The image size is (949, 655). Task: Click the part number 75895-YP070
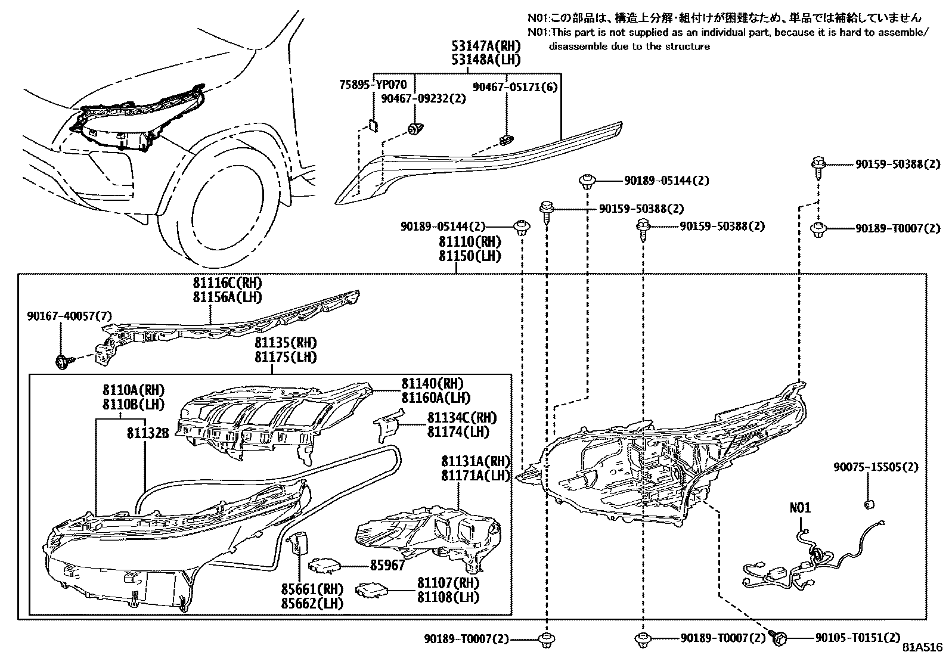coord(374,85)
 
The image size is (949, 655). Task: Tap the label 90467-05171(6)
coord(515,86)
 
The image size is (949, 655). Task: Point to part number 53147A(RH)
coord(486,46)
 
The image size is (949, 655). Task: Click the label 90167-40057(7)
coord(69,315)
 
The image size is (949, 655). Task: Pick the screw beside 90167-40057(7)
coord(63,361)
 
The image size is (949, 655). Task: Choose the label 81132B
coord(148,433)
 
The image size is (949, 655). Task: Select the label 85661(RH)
coord(312,589)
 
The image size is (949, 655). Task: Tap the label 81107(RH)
coord(448,582)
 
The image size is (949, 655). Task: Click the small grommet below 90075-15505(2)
coord(869,505)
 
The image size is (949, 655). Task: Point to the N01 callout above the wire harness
coord(800,508)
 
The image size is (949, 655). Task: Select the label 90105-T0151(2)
coord(858,638)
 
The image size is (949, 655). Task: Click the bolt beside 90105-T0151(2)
coord(779,637)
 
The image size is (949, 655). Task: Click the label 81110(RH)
coord(470,242)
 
